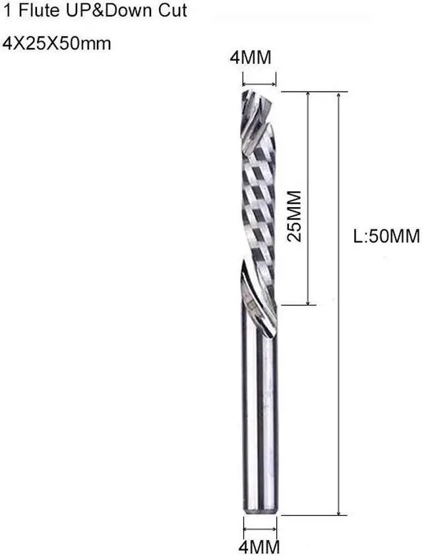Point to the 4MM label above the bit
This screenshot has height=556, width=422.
(x=250, y=58)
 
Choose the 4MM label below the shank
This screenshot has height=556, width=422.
(x=259, y=546)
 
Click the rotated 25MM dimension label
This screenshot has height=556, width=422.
(x=295, y=216)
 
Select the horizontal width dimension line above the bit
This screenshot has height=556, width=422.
(x=259, y=84)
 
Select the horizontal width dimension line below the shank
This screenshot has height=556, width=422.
(x=260, y=527)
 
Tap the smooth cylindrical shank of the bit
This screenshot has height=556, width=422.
(x=260, y=422)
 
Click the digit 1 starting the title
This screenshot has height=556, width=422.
(x=7, y=11)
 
